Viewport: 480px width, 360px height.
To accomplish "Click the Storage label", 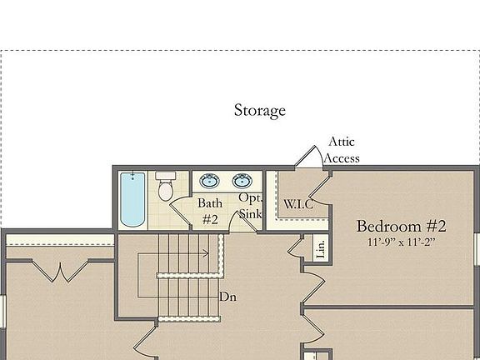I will click(259, 110).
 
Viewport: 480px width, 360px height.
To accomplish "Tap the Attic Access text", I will click(342, 150).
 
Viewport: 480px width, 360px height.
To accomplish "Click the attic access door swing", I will click(310, 157).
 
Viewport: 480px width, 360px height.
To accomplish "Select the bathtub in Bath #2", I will click(132, 199).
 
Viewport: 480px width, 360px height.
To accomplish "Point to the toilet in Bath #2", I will click(165, 187).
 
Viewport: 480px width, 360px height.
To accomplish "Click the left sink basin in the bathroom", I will click(209, 181).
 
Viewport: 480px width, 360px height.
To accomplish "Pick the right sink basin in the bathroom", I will click(242, 181).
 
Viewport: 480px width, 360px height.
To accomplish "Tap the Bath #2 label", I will click(209, 212).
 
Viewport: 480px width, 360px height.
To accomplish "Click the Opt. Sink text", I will click(250, 206).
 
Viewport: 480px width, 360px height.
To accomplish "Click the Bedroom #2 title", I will click(402, 226).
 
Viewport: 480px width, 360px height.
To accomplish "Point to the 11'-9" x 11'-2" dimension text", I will click(402, 242).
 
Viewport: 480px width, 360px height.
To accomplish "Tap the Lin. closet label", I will click(319, 247).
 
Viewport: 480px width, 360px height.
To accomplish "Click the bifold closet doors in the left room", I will click(59, 272).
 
